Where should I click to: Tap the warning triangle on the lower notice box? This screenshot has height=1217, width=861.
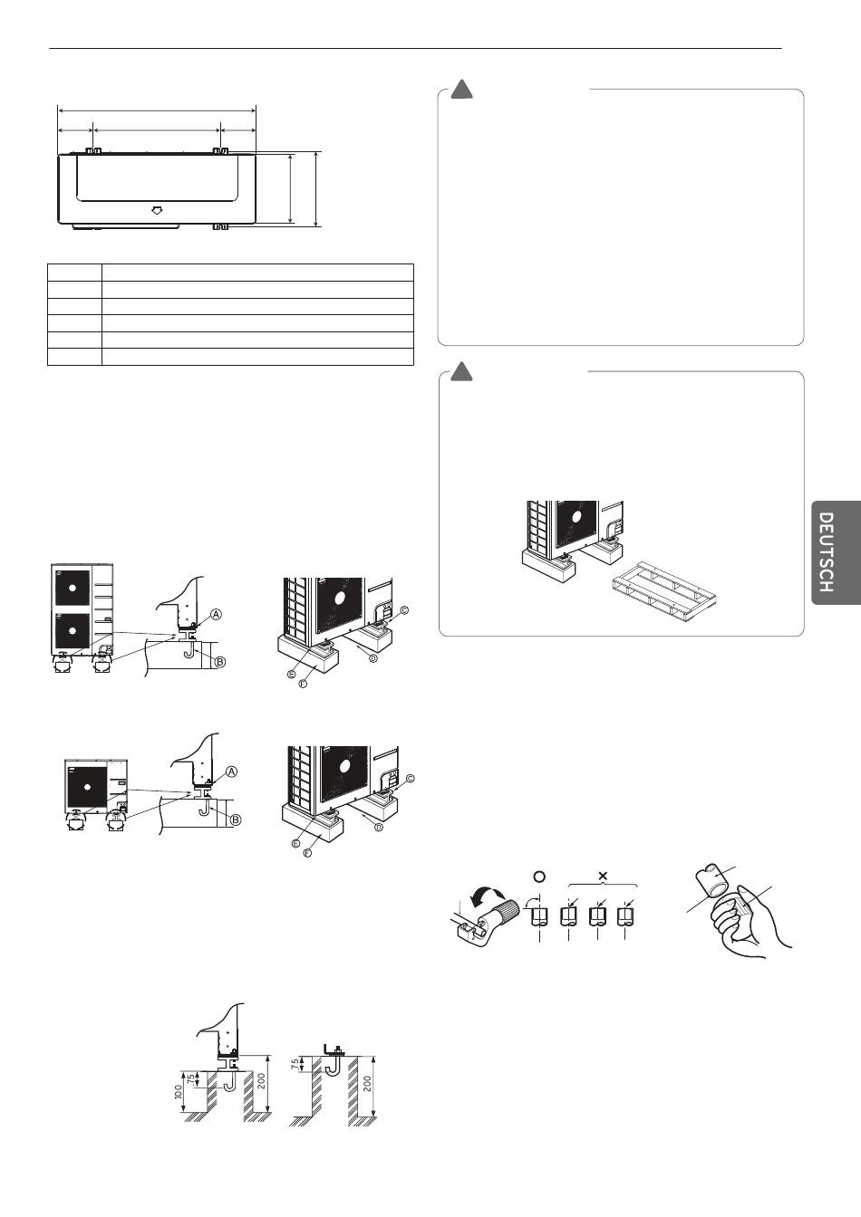pos(462,371)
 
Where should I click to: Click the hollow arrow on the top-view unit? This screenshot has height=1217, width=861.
pos(157,210)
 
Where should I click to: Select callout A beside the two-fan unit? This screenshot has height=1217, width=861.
pos(217,613)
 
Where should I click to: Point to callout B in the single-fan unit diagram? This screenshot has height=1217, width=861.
pos(235,819)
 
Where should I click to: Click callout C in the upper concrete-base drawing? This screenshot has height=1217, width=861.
pos(404,610)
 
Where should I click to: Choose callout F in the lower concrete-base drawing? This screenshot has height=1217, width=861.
pos(307,854)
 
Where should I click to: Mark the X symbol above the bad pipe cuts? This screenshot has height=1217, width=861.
pos(603,876)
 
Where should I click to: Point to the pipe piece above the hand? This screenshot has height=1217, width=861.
pos(713,880)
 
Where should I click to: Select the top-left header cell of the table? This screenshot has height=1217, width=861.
pos(74,272)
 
